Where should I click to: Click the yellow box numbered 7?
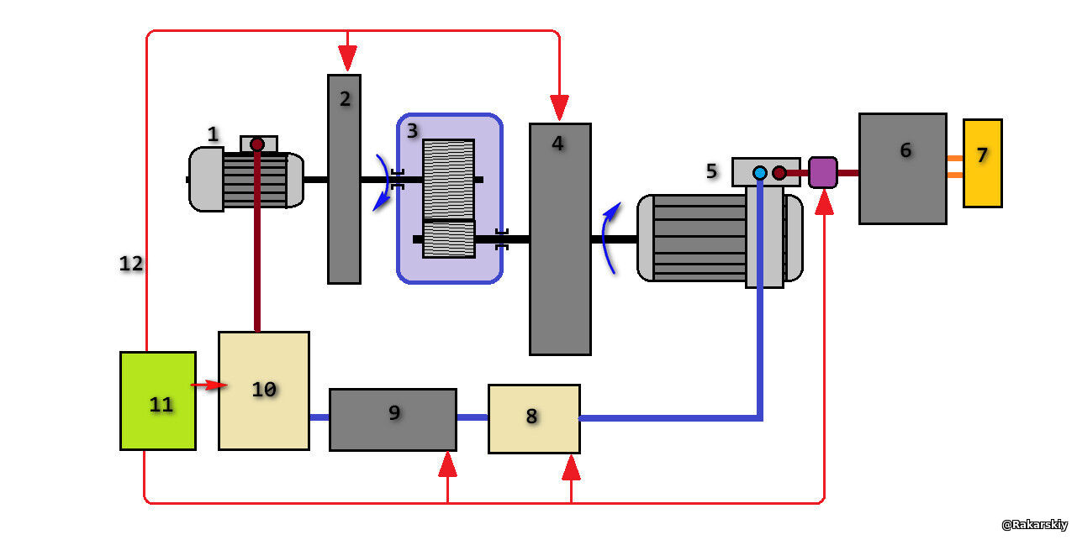tap(982, 163)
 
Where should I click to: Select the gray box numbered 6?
tap(902, 169)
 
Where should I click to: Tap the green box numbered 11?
tap(158, 401)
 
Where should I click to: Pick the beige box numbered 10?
tap(263, 391)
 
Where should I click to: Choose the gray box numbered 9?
tap(393, 419)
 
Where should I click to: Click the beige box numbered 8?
tap(534, 418)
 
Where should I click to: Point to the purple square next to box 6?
tap(823, 172)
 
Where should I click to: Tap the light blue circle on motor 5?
tap(760, 173)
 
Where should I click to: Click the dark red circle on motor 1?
tap(257, 144)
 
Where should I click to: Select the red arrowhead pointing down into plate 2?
tap(347, 59)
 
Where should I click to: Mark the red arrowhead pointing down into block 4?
tap(559, 107)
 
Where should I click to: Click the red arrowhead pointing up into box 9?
tap(447, 464)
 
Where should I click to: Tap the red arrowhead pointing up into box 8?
tap(571, 467)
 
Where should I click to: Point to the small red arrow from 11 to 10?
tap(209, 385)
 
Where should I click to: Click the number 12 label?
tap(131, 264)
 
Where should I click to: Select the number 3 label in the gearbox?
tap(412, 131)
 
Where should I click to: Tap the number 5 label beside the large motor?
tap(711, 171)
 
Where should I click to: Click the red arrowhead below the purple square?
tap(823, 202)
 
